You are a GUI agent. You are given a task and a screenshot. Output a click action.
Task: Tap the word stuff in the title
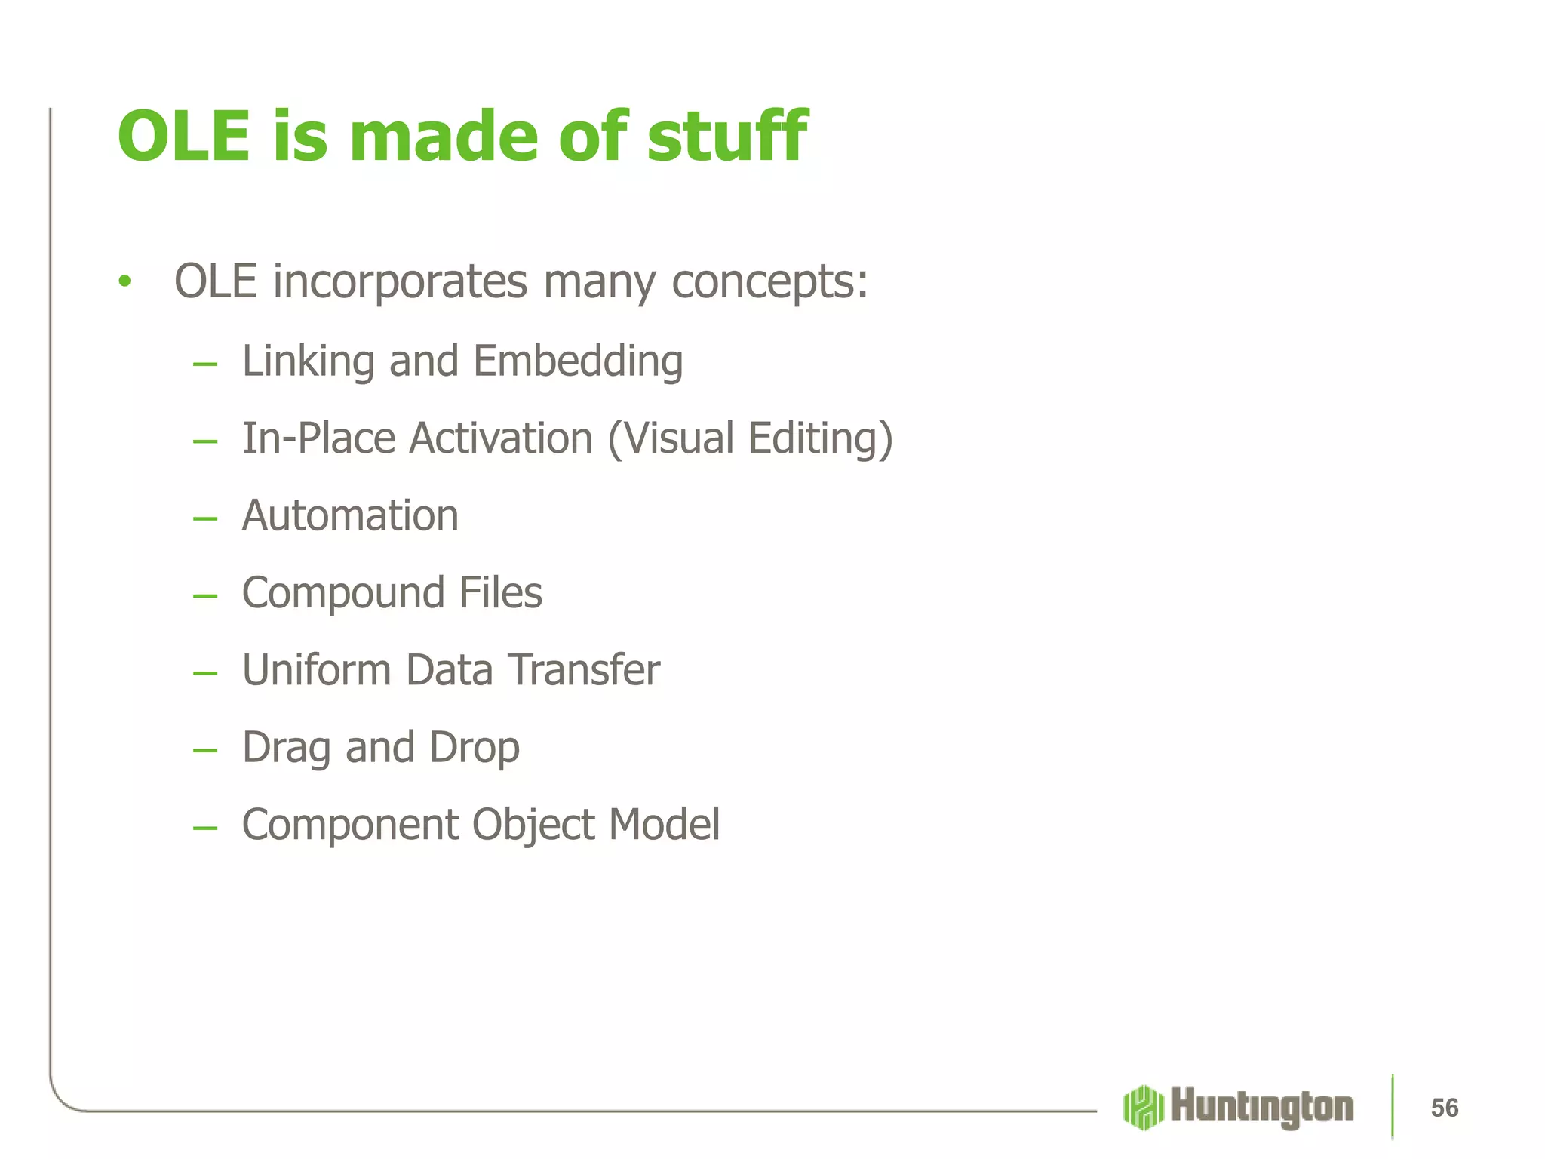[726, 137]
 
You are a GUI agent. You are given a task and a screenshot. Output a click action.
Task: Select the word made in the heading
[444, 137]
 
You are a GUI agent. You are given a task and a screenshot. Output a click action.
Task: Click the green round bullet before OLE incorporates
[124, 282]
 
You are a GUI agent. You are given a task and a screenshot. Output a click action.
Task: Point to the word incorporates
[400, 282]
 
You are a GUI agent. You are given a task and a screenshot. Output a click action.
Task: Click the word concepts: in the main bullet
[769, 282]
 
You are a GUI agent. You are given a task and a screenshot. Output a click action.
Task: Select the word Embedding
[578, 361]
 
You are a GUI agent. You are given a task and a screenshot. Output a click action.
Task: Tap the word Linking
[308, 361]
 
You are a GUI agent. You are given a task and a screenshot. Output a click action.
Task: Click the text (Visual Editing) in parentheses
[750, 439]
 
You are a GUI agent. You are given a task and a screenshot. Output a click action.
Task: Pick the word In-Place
[318, 439]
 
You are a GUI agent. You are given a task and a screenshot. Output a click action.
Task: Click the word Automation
[350, 516]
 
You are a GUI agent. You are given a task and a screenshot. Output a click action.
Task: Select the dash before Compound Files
[204, 596]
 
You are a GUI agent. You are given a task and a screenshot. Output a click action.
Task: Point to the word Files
[500, 593]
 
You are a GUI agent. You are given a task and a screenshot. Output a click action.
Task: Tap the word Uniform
[316, 670]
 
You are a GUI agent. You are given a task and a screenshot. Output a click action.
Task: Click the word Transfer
[583, 670]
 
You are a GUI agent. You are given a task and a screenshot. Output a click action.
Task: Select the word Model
[664, 825]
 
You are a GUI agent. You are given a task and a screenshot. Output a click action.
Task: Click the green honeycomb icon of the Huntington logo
[1143, 1108]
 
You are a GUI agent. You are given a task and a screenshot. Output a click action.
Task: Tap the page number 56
[1444, 1108]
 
